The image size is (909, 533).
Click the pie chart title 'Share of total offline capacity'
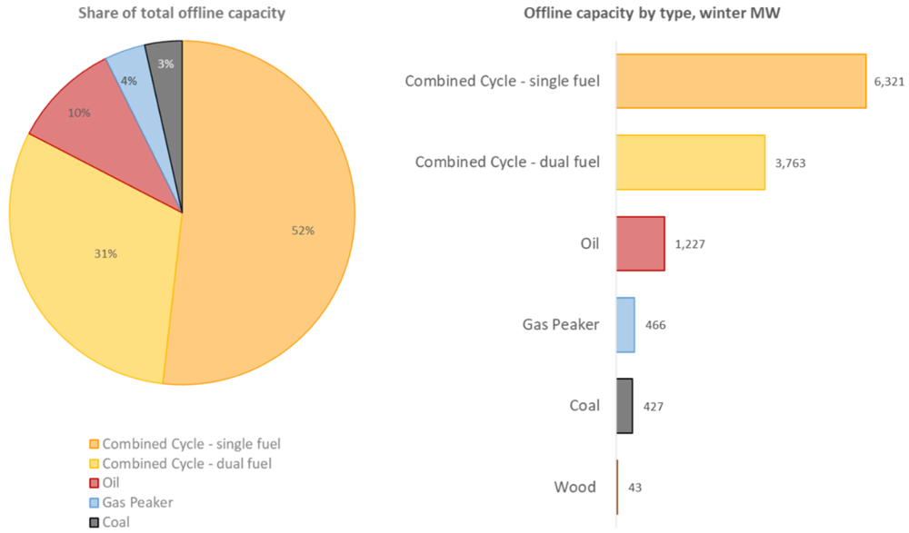[x=181, y=14]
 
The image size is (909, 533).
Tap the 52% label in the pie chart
[x=303, y=231]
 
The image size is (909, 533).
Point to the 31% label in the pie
[x=105, y=253]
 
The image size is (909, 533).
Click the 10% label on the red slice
[x=79, y=113]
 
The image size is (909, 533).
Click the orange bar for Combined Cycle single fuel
[x=741, y=81]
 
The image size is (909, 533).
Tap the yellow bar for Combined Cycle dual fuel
[x=690, y=163]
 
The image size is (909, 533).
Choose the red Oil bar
[x=640, y=243]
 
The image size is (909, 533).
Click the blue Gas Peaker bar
[x=625, y=324]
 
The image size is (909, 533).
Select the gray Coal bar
[x=624, y=406]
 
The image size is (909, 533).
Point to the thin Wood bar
[x=617, y=487]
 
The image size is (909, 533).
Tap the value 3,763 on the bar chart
[x=789, y=163]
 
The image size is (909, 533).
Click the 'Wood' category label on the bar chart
[x=574, y=487]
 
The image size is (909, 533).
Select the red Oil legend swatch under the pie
[x=94, y=483]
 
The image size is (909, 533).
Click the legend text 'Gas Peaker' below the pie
[x=137, y=502]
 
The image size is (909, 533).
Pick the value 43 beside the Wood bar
[x=634, y=488]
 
